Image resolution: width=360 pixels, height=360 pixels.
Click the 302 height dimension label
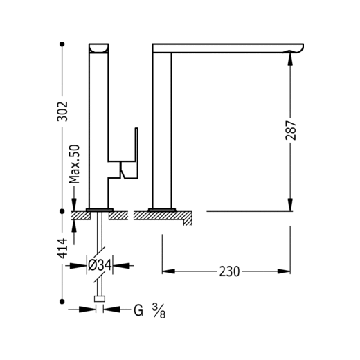[62, 111]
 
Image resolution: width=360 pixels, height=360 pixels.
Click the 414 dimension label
[62, 249]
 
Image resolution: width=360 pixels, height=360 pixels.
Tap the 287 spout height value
[291, 130]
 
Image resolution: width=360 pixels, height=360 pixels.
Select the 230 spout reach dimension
[229, 271]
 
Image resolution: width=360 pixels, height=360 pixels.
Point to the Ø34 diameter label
[100, 265]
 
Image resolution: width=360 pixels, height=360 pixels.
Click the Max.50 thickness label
[75, 164]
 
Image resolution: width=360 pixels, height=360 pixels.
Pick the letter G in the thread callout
[138, 310]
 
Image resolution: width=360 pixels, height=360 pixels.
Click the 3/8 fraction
[159, 311]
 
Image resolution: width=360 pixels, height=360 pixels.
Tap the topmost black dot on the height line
[62, 44]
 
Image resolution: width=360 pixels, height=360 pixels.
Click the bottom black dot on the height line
[62, 301]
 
